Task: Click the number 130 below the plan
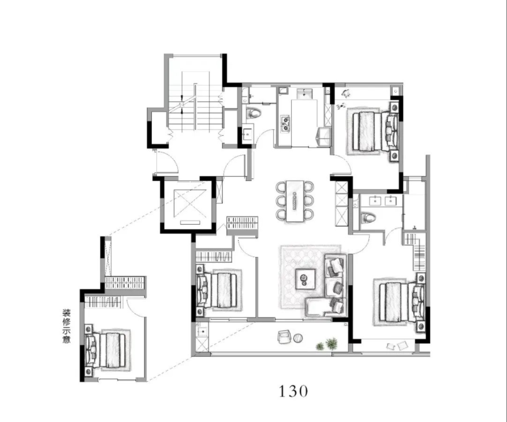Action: coord(293,391)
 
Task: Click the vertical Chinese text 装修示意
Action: coord(67,326)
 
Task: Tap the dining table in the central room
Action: coord(295,201)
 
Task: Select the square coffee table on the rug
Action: coord(305,279)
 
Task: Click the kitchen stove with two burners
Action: coord(285,123)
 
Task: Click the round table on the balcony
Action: coord(298,338)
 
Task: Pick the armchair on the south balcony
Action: coord(284,337)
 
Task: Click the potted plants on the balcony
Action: coord(327,344)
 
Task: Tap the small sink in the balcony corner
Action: coord(202,331)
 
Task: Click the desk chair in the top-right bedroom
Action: coord(346,93)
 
